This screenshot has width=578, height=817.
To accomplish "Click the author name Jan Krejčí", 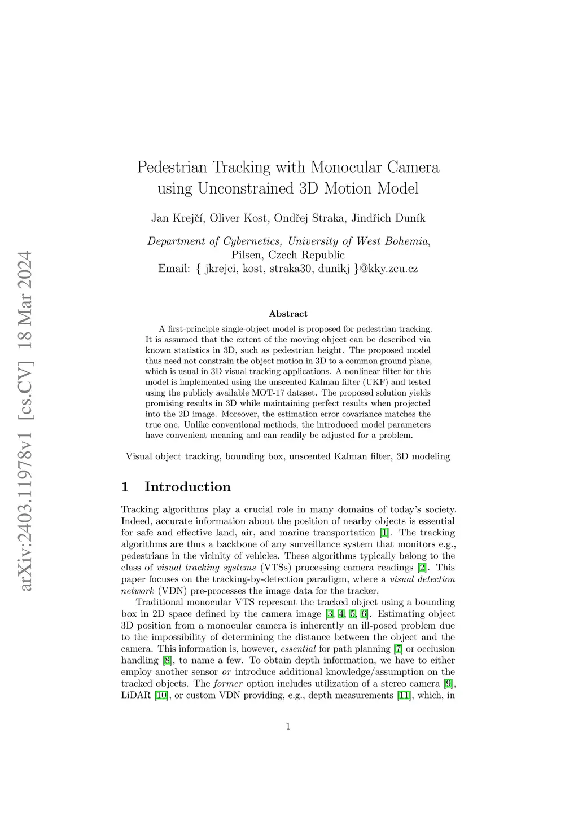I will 177,218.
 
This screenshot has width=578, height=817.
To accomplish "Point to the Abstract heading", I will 288,314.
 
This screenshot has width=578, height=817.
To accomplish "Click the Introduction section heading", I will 187,487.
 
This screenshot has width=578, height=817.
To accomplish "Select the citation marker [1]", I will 384,533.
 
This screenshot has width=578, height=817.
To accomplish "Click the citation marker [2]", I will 422,568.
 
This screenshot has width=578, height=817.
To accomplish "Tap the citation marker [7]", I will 398,649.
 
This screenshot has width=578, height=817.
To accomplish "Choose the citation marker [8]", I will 167,661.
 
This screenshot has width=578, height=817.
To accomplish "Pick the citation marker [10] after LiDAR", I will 161,696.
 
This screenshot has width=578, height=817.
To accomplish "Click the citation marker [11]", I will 404,696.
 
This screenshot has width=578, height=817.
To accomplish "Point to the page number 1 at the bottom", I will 288,726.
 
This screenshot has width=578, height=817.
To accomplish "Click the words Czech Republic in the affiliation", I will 306,255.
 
